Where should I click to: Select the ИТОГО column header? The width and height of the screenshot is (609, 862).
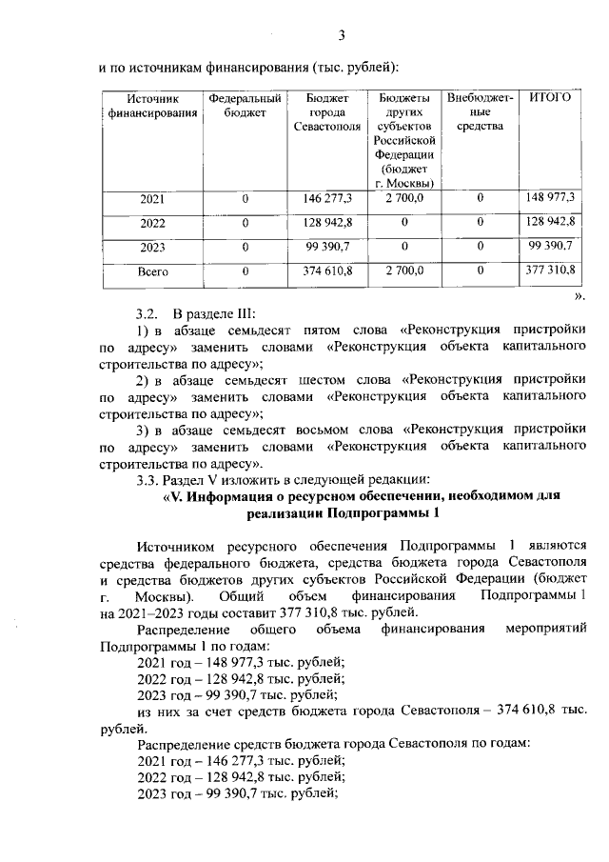pyautogui.click(x=550, y=97)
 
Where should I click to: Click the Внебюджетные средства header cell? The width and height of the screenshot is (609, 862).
pyautogui.click(x=480, y=112)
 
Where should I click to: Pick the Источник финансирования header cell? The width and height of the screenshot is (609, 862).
pyautogui.click(x=152, y=105)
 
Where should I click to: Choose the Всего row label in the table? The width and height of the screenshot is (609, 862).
pyautogui.click(x=152, y=271)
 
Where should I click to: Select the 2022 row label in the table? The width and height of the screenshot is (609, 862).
pyautogui.click(x=152, y=222)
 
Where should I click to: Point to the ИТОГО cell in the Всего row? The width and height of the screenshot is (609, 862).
pyautogui.click(x=551, y=271)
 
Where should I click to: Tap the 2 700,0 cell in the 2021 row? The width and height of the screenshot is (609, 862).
pyautogui.click(x=404, y=197)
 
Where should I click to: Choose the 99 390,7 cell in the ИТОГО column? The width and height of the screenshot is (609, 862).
pyautogui.click(x=551, y=246)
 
